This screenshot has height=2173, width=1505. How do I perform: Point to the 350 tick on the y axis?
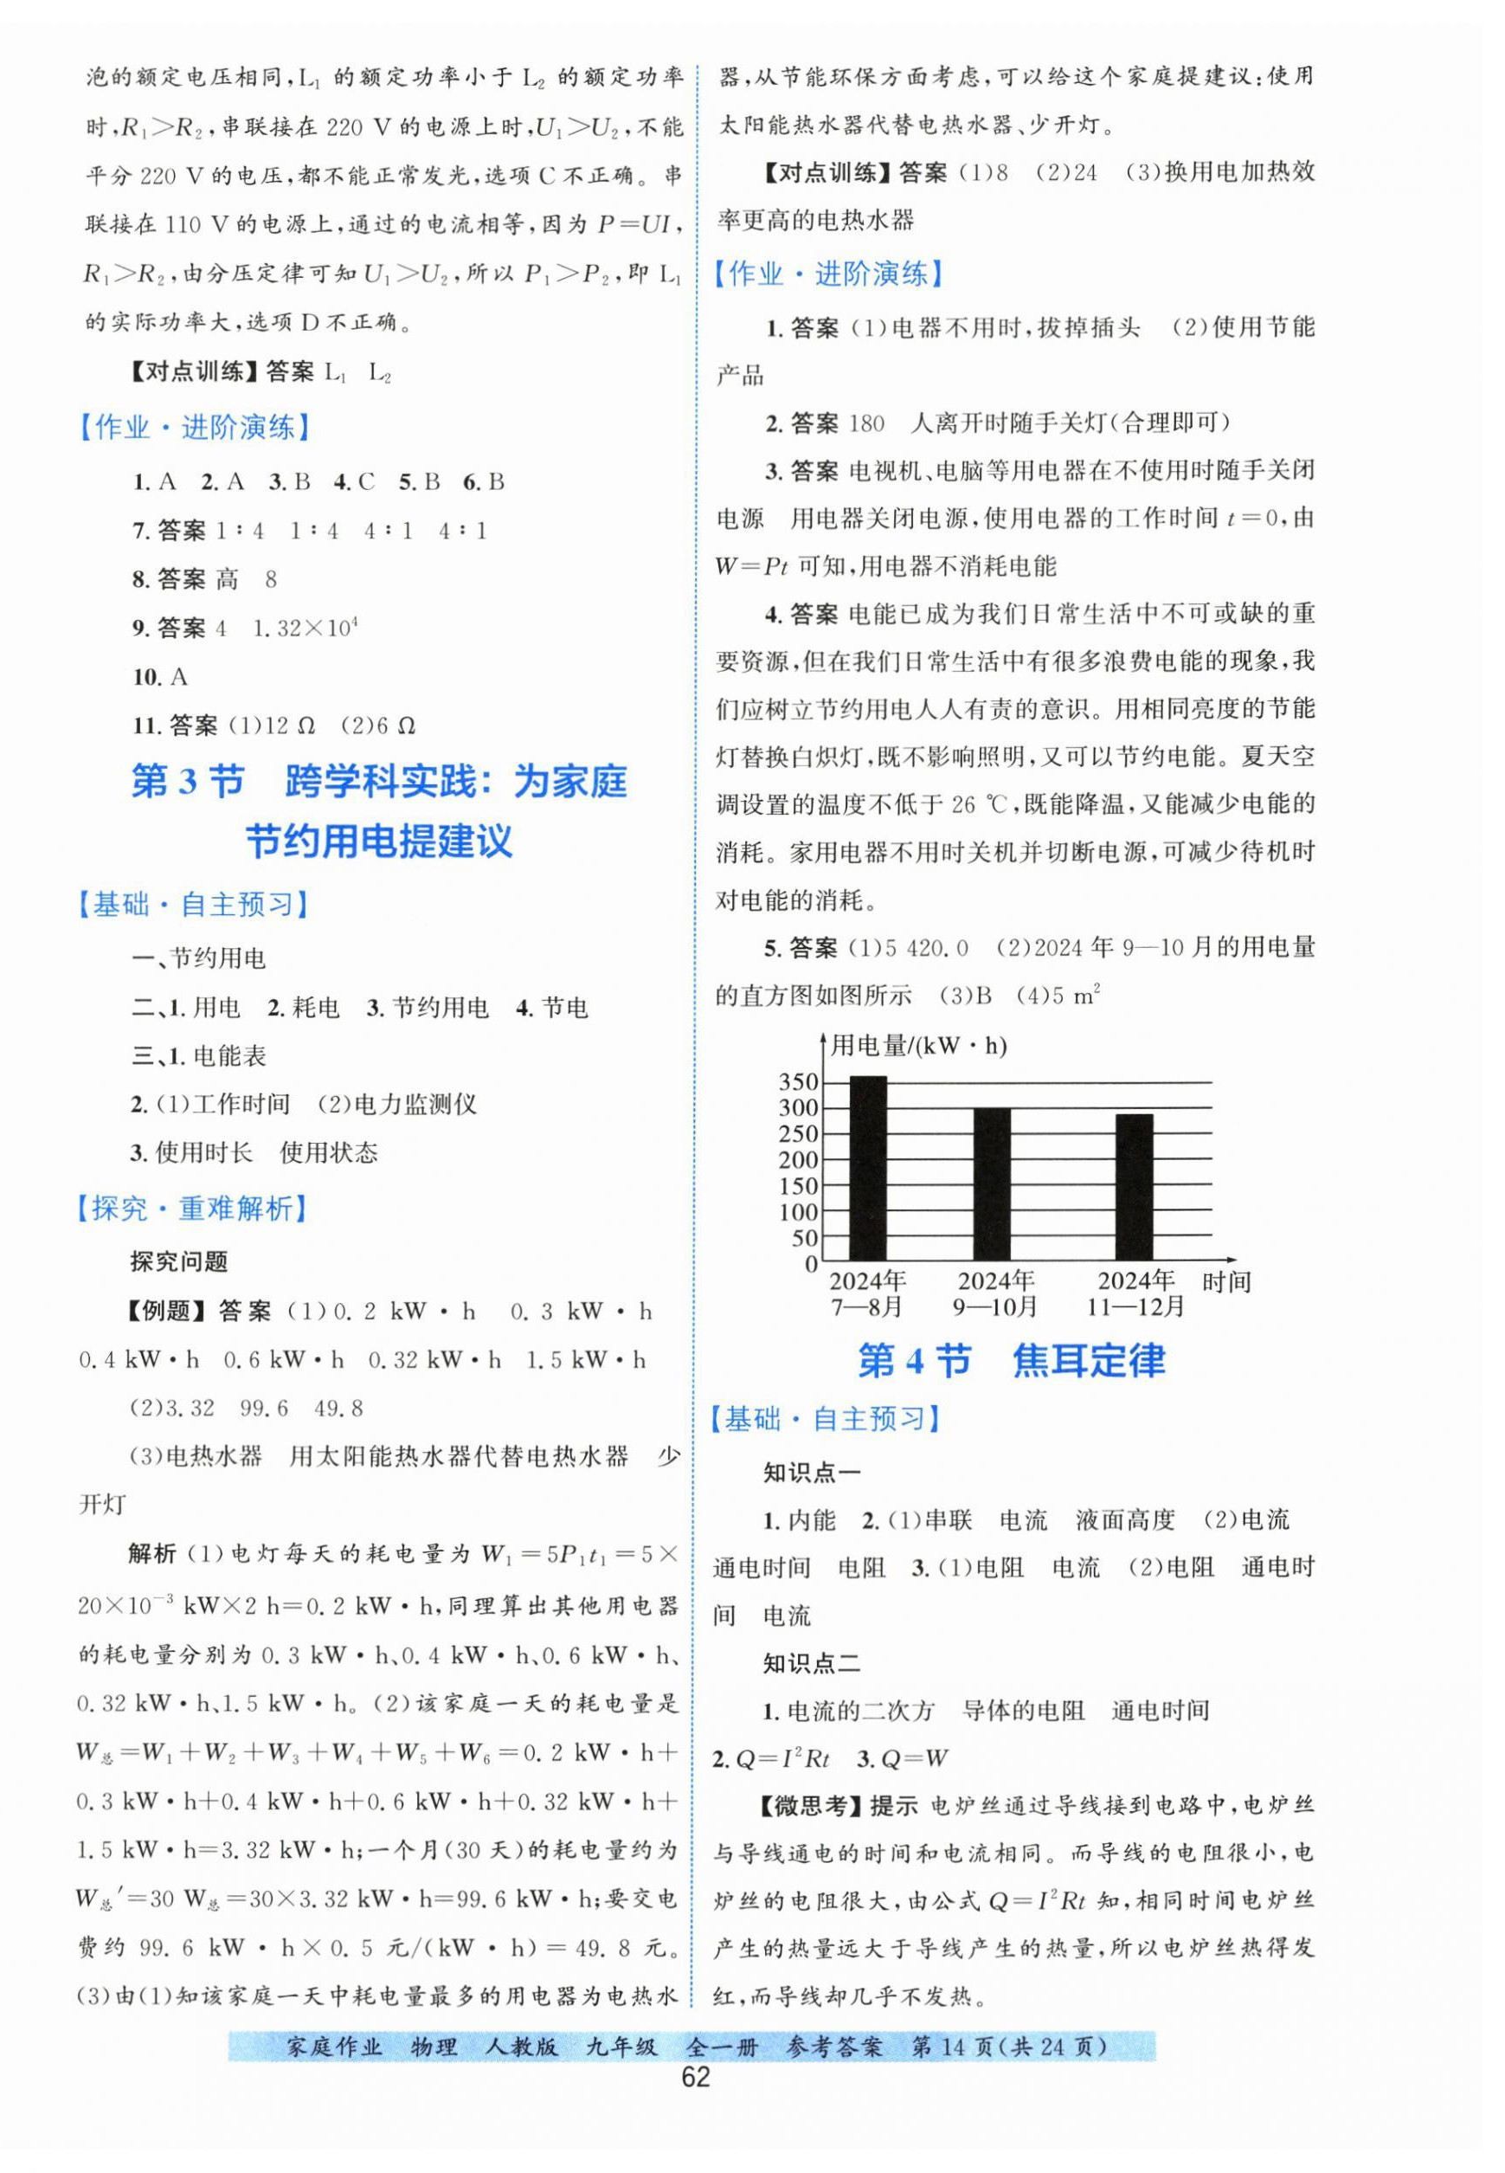(799, 1082)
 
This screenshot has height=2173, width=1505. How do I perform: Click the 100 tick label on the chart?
(799, 1212)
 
